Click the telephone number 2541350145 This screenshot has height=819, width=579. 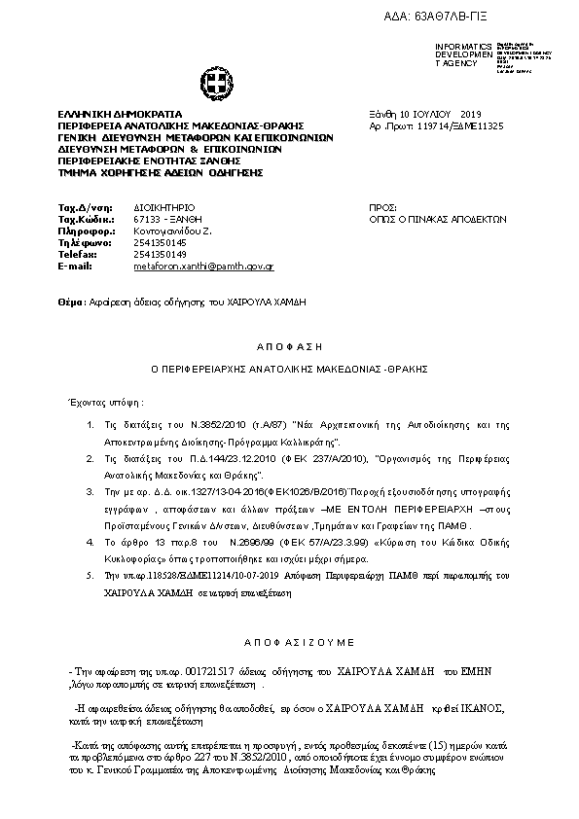coord(160,242)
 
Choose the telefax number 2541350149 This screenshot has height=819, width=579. coord(160,254)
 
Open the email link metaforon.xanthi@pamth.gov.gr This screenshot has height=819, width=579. coord(203,266)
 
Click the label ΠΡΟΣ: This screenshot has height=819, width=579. coord(383,208)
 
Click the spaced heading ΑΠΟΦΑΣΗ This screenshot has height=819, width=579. coord(290,346)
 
